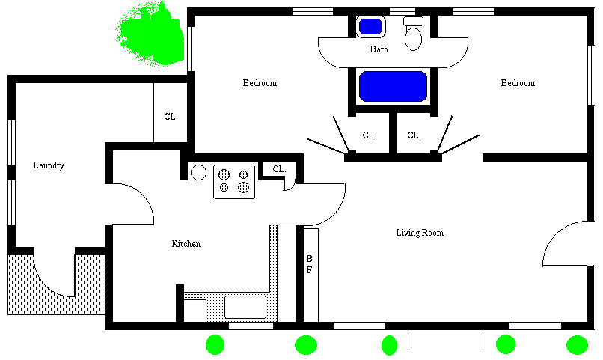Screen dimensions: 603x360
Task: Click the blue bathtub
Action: [393, 86]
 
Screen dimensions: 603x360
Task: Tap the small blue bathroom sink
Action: [370, 27]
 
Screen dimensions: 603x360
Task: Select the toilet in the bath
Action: [414, 34]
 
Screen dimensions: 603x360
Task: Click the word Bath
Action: [379, 49]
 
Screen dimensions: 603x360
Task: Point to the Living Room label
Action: [420, 233]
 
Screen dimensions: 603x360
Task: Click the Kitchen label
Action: [186, 244]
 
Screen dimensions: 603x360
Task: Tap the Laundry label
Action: [49, 165]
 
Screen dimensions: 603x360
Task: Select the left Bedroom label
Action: [260, 83]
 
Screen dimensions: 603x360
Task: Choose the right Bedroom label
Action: [518, 83]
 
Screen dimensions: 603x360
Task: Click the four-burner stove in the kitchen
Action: [234, 182]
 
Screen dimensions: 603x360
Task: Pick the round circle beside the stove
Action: [198, 172]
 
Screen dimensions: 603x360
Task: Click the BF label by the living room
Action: [309, 264]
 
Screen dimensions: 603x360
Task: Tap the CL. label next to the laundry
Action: [171, 117]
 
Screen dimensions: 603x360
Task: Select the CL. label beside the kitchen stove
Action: [279, 169]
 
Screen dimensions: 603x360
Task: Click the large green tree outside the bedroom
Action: [150, 34]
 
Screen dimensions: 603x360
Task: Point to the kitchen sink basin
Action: [245, 307]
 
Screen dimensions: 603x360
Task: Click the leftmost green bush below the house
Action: [215, 344]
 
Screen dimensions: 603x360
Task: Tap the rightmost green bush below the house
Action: [577, 345]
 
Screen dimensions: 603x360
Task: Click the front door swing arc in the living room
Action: [554, 232]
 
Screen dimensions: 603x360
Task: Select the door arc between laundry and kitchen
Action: [144, 195]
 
